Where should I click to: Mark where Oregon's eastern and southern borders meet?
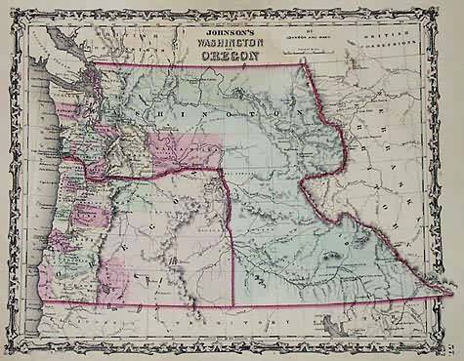point(233,305)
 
